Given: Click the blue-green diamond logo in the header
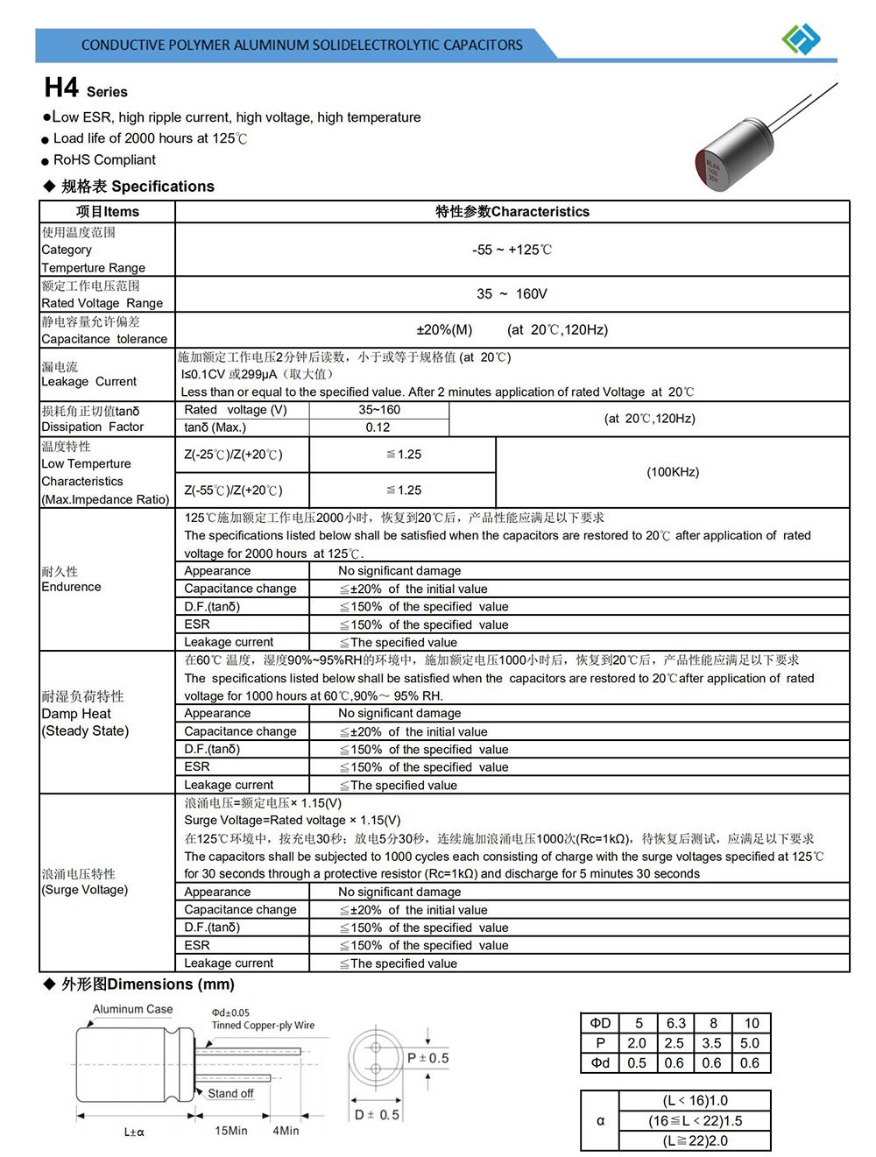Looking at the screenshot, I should [x=801, y=39].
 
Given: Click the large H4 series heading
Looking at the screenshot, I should [x=62, y=88].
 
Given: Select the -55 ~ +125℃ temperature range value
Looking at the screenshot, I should [x=512, y=250].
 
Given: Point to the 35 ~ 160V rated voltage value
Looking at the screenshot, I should [x=512, y=294].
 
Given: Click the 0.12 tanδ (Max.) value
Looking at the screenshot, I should [x=378, y=427].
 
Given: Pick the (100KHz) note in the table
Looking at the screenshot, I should [x=673, y=472].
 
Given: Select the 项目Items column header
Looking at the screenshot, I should [x=107, y=211].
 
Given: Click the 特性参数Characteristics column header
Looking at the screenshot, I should [x=512, y=211].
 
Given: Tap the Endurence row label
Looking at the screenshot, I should [x=71, y=587].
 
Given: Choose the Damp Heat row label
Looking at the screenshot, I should [x=76, y=714].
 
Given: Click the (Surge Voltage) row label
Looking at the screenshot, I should [x=85, y=890].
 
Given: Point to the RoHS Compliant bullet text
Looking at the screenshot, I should [x=104, y=159].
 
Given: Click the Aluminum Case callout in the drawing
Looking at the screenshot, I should [x=132, y=1009].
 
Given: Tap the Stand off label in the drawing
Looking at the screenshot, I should [x=230, y=1093].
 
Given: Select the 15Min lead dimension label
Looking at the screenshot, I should [x=231, y=1131].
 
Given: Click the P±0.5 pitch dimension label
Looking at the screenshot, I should [x=427, y=1058].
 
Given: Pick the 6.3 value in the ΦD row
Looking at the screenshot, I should [x=675, y=1023].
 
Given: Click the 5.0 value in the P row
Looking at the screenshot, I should [x=750, y=1043].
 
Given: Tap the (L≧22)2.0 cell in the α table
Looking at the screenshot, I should [x=696, y=1140].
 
